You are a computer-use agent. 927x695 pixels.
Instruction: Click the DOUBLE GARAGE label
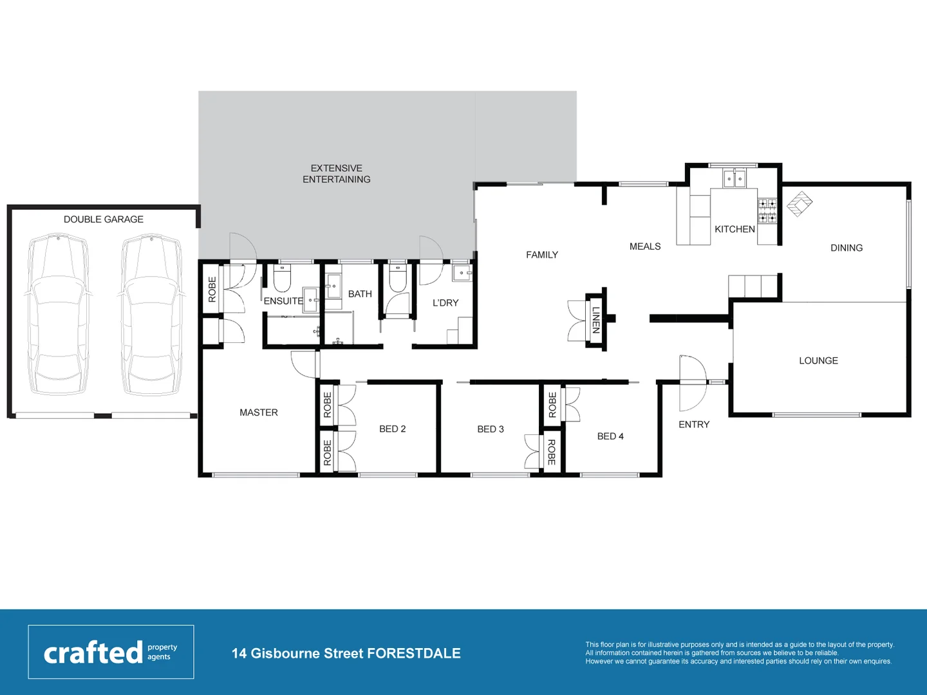pos(103,219)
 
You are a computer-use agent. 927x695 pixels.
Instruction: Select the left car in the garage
pos(58,315)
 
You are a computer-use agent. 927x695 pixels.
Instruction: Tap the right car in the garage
pos(151,315)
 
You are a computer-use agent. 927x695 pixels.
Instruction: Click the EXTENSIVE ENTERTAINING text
pos(336,174)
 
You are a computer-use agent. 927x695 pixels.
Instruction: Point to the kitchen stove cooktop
pos(767,211)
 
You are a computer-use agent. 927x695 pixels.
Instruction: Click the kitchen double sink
pos(734,178)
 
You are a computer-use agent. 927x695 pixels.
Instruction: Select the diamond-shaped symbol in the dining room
pos(800,204)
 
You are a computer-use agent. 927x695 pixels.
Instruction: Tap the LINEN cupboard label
pos(596,320)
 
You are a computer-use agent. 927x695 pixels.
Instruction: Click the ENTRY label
pos(693,425)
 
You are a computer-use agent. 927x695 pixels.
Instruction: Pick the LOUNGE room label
pos(818,361)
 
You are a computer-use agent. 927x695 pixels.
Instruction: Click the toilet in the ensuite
pos(282,279)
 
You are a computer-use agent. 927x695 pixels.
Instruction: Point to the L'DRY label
pos(445,303)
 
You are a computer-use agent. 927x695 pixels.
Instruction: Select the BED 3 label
pos(491,429)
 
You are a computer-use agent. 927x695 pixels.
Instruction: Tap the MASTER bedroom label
pos(258,412)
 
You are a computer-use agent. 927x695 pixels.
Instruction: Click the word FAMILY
pos(541,255)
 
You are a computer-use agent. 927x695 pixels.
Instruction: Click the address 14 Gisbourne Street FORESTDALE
pos(346,653)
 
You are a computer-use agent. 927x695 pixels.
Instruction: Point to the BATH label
pos(360,294)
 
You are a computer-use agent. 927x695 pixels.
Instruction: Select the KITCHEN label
pos(735,229)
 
